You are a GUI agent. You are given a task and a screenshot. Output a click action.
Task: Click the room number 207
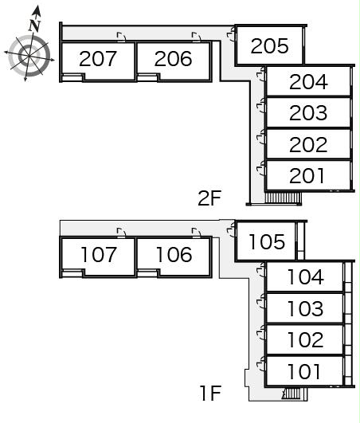pyautogui.click(x=98, y=59)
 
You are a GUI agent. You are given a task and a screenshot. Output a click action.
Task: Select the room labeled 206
pyautogui.click(x=173, y=59)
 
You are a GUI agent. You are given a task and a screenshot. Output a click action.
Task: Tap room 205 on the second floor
pyautogui.click(x=270, y=46)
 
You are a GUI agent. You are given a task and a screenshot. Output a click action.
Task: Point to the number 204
pyautogui.click(x=308, y=82)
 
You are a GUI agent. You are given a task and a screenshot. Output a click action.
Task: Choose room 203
pyautogui.click(x=308, y=113)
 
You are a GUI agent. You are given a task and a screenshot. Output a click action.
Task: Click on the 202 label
pyautogui.click(x=308, y=145)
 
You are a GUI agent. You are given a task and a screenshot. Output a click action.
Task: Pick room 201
pyautogui.click(x=307, y=176)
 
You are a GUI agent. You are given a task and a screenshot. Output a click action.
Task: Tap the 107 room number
pyautogui.click(x=99, y=254)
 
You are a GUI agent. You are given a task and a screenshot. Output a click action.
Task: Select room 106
pyautogui.click(x=174, y=254)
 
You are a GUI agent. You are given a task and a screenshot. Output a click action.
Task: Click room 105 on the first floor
pyautogui.click(x=267, y=241)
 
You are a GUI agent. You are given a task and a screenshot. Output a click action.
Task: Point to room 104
pyautogui.click(x=306, y=277)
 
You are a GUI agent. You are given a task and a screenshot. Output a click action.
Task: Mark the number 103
pyautogui.click(x=306, y=308)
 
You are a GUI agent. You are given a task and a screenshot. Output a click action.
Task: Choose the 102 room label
pyautogui.click(x=306, y=340)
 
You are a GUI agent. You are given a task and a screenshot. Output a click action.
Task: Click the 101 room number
pyautogui.click(x=304, y=371)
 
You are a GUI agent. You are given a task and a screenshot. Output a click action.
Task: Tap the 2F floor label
pyautogui.click(x=209, y=198)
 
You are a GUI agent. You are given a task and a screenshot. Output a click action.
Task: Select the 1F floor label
pyautogui.click(x=210, y=394)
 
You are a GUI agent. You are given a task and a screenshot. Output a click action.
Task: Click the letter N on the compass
pyautogui.click(x=34, y=25)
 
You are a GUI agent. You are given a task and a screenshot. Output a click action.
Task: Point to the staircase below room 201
pyautogui.click(x=283, y=198)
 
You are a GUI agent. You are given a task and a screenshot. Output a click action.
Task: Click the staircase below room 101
pyautogui.click(x=294, y=394)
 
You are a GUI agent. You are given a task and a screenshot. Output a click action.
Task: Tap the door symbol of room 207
pyautogui.click(x=121, y=37)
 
